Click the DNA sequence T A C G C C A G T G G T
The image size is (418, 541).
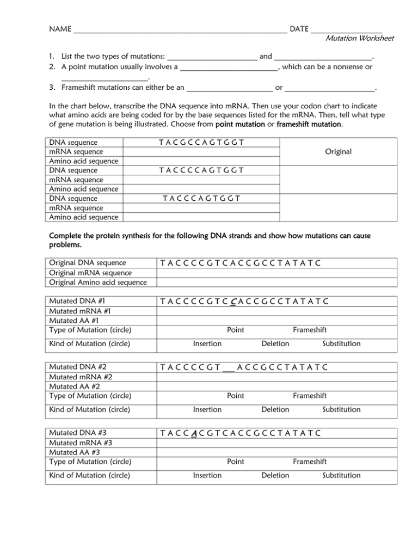pos(201,142)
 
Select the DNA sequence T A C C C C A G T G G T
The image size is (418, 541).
pos(201,170)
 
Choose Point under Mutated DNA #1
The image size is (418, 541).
pos(235,329)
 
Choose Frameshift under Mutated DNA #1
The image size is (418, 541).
pos(310,329)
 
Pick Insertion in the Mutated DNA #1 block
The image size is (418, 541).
pos(207,343)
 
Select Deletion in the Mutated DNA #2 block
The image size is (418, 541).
pos(275,409)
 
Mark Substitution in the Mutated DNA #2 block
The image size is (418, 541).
pos(341,409)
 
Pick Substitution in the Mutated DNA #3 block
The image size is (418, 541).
pos(341,475)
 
